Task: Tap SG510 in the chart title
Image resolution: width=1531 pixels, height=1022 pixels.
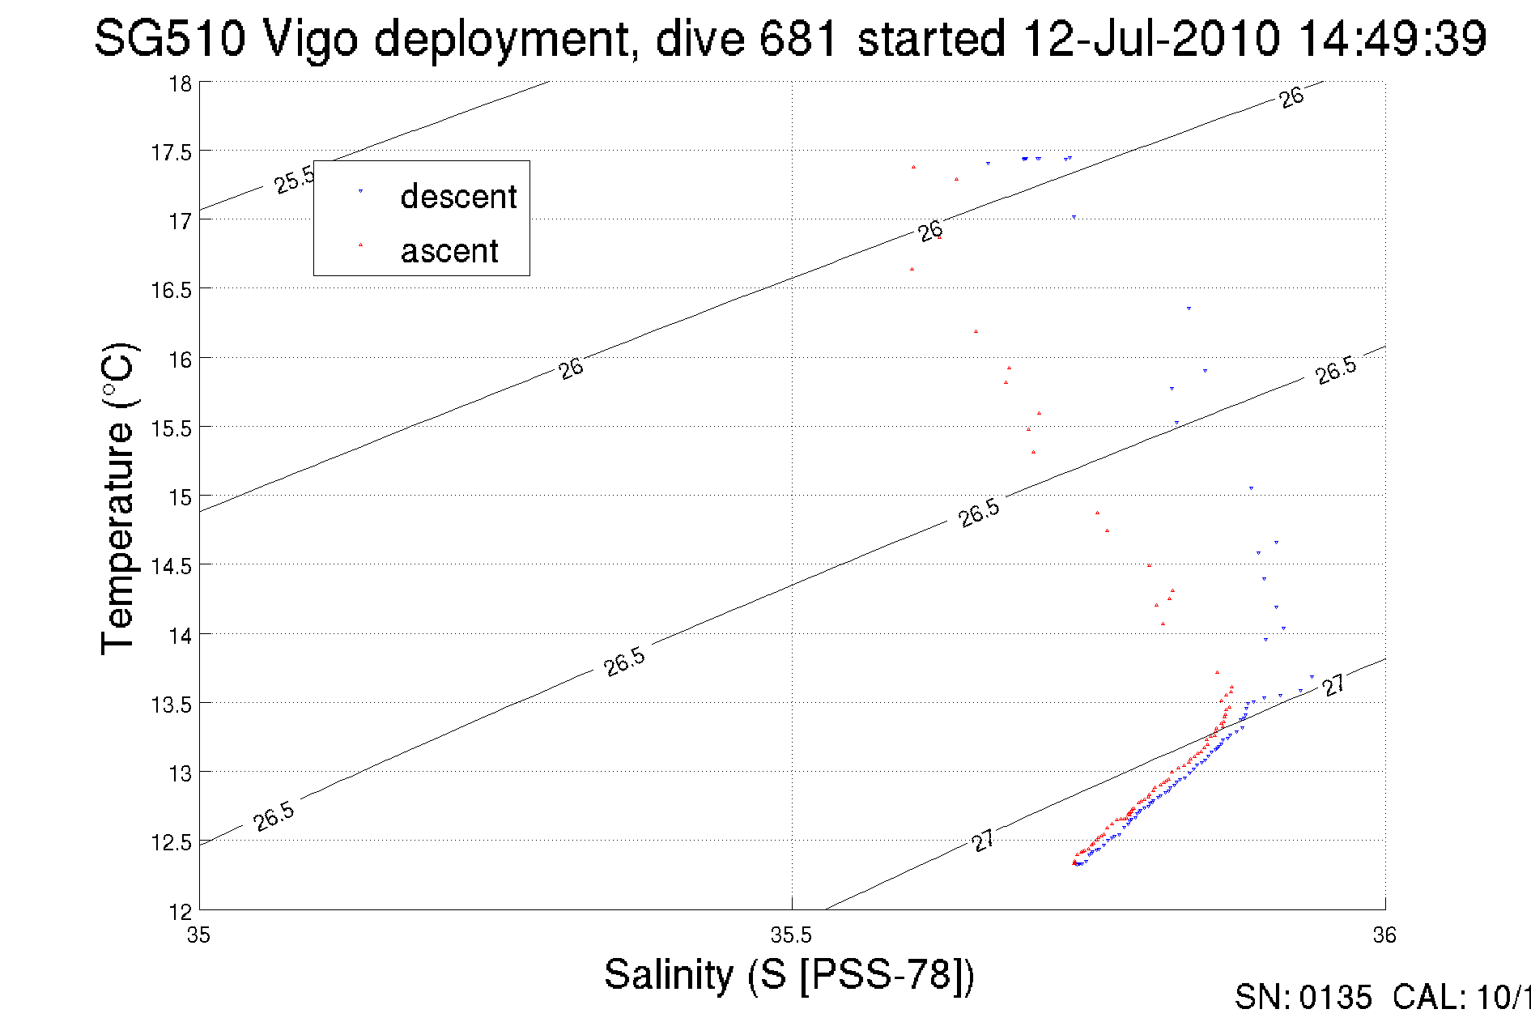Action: click(169, 38)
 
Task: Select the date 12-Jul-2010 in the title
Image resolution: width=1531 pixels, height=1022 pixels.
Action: click(1150, 38)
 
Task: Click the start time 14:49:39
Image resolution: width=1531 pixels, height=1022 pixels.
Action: click(1393, 38)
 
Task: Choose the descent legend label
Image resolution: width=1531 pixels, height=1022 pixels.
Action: click(458, 197)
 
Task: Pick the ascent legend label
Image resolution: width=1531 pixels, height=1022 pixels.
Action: click(449, 251)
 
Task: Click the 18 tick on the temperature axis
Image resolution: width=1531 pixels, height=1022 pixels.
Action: click(180, 84)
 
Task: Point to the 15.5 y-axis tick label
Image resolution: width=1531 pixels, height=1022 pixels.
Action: click(172, 428)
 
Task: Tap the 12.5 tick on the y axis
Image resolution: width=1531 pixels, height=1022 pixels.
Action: click(172, 843)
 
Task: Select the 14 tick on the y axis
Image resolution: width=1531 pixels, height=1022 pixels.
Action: click(180, 636)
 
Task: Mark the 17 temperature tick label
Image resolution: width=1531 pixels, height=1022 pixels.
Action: click(180, 221)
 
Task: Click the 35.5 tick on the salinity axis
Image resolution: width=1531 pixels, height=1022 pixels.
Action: click(791, 935)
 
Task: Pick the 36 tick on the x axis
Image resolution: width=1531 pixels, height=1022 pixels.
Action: click(1384, 935)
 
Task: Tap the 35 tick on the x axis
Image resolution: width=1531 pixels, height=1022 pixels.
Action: click(199, 935)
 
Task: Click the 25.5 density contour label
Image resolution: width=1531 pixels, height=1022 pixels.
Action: click(294, 180)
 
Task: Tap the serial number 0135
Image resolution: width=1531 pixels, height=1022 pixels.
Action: click(1335, 998)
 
